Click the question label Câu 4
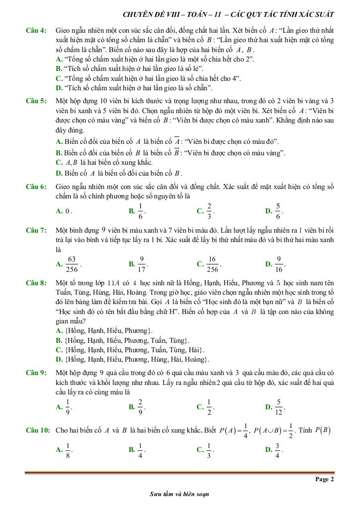[x=36, y=31]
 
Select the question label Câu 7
[x=36, y=231]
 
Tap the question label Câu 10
[x=38, y=431]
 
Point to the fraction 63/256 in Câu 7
[x=72, y=264]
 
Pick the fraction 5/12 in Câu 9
[x=279, y=407]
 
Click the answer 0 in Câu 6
[x=68, y=211]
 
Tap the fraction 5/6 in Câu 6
[x=278, y=211]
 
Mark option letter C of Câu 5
[x=59, y=163]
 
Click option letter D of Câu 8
[x=59, y=359]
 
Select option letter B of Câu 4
[x=59, y=68]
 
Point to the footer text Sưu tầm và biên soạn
[x=179, y=494]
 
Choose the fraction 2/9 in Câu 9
[x=140, y=407]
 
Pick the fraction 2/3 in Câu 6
[x=209, y=211]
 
